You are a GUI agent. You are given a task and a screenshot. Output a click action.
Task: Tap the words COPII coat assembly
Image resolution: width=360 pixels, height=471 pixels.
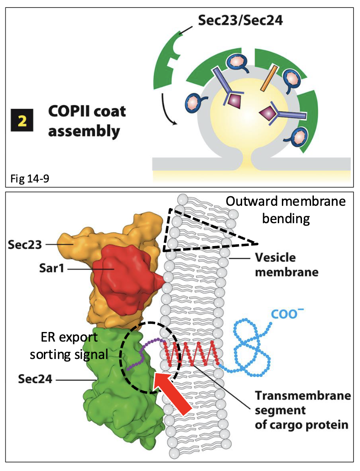pyautogui.click(x=87, y=121)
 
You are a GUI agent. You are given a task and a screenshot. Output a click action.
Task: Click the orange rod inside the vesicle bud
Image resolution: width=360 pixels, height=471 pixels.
pyautogui.click(x=270, y=77)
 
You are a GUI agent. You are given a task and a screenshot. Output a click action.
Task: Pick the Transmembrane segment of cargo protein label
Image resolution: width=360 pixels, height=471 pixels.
pyautogui.click(x=302, y=409)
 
